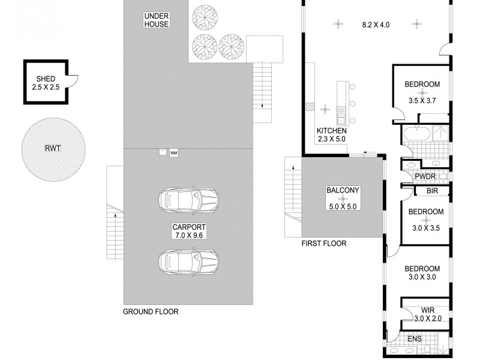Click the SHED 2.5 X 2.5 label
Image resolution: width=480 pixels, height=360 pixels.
click(46, 83)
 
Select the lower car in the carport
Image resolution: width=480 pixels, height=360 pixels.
click(187, 260)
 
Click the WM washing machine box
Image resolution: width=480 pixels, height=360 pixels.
click(174, 153)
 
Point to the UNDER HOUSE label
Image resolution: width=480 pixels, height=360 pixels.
click(156, 20)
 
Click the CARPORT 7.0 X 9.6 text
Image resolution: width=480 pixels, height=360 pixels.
click(189, 232)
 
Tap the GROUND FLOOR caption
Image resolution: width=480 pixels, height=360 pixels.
click(151, 311)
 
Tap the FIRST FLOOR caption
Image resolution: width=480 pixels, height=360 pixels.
click(323, 244)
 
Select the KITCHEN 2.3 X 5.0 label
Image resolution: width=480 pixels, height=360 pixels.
click(332, 135)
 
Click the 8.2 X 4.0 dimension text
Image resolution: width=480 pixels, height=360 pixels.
click(376, 25)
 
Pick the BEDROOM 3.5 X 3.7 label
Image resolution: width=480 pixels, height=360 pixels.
click(422, 92)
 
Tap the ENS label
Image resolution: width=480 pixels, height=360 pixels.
click(415, 339)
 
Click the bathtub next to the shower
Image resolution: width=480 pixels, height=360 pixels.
click(415, 133)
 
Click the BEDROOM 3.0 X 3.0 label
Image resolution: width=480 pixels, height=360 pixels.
click(422, 273)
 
